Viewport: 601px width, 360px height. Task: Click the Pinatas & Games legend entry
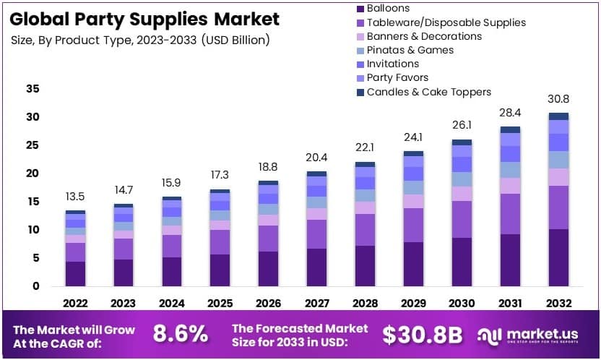pos(410,50)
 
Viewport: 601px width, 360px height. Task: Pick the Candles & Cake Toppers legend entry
pos(428,92)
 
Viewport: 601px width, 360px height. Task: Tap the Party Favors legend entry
pos(397,77)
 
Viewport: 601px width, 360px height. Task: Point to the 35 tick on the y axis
pos(33,89)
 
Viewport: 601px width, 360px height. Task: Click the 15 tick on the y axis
pos(33,202)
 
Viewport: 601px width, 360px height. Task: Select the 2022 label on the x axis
pos(75,302)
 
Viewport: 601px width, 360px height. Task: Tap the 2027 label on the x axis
pos(317,302)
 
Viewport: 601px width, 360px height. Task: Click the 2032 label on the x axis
pos(558,302)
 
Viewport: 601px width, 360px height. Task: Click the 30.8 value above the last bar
pos(558,99)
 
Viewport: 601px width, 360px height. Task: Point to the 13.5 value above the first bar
pos(75,197)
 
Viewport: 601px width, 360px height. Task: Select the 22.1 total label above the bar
pos(366,148)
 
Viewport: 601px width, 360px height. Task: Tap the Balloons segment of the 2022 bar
pos(75,273)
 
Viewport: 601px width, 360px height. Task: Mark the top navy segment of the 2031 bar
pos(510,130)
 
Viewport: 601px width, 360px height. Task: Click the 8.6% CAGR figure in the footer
pos(180,333)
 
